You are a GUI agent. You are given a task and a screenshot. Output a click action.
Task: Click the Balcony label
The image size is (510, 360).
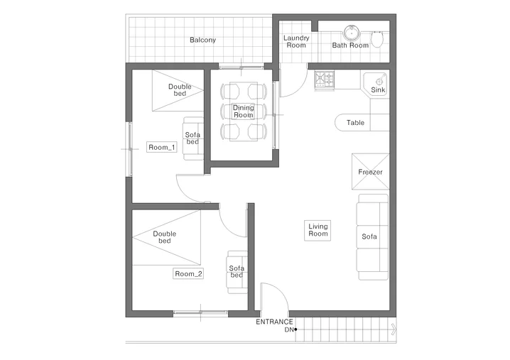[202, 40]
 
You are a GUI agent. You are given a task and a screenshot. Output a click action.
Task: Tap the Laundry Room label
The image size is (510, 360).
[296, 42]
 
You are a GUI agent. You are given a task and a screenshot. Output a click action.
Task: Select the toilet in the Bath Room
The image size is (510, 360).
[377, 39]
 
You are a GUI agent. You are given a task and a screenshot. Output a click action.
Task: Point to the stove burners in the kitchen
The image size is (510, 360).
[325, 80]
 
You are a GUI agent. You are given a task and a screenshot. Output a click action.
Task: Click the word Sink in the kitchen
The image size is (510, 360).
[378, 89]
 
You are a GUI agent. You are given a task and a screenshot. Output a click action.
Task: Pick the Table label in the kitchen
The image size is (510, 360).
[355, 123]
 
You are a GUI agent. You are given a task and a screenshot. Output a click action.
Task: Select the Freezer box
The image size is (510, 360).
[371, 171]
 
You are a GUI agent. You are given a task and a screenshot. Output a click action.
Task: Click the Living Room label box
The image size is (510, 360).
[318, 230]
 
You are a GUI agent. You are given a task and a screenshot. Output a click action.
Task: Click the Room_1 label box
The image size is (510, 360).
[162, 147]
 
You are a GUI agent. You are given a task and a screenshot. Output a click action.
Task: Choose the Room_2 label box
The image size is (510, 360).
[188, 274]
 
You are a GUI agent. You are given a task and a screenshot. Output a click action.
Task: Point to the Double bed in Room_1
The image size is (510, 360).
[178, 90]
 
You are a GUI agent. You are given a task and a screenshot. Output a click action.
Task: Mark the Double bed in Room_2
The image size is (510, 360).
[166, 237]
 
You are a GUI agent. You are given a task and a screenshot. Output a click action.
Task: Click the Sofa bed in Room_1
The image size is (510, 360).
[193, 138]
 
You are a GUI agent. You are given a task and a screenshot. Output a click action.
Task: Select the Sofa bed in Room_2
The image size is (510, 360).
[237, 272]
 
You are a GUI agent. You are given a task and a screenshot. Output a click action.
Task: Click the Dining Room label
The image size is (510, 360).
[244, 111]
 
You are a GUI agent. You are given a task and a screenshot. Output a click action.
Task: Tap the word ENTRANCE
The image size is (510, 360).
[274, 322]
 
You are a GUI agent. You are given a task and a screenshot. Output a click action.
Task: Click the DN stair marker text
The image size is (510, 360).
[289, 329]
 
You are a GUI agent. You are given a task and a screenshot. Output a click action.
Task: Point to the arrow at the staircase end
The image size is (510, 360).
[394, 329]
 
